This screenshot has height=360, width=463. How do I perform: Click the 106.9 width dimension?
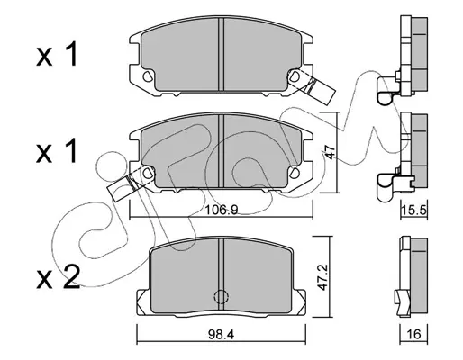[x=222, y=210]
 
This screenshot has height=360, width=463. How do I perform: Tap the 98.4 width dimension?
[x=221, y=334]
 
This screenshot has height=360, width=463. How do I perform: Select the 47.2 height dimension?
[x=322, y=277]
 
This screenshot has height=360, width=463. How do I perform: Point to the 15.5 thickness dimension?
[x=413, y=211]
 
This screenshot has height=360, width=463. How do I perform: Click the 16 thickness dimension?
[x=413, y=334]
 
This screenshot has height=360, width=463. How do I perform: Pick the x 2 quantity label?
[x=58, y=277]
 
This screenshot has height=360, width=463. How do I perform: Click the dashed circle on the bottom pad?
[x=221, y=296]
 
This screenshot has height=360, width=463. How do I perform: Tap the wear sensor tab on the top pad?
[x=318, y=89]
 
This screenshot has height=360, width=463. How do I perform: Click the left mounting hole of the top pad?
[x=147, y=76]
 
